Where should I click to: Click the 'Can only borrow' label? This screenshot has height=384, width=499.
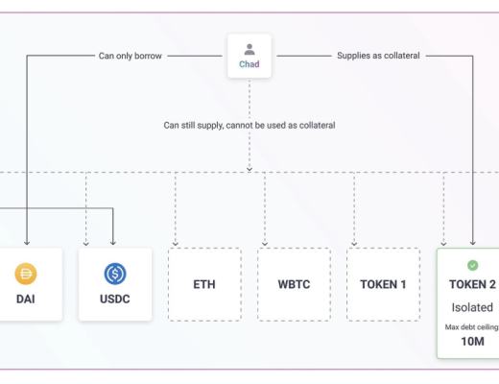[132, 57]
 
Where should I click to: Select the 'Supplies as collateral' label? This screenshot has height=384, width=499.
[371, 57]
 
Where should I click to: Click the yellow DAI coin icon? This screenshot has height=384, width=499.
[26, 275]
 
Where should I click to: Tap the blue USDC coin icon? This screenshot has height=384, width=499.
[115, 275]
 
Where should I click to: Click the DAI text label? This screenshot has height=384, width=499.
[26, 300]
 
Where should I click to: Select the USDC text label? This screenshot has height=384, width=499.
[115, 300]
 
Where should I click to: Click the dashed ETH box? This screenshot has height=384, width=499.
[204, 284]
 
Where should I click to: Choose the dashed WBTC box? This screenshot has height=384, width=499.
[294, 284]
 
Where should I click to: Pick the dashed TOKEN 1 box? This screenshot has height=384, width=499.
[383, 284]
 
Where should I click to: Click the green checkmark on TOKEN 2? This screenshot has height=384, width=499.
[471, 265]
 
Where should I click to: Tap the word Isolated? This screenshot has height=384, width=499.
[471, 307]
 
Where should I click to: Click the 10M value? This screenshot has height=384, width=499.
[471, 341]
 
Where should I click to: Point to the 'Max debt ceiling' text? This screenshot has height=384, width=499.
[471, 326]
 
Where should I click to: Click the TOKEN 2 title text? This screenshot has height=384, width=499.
[471, 285]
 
